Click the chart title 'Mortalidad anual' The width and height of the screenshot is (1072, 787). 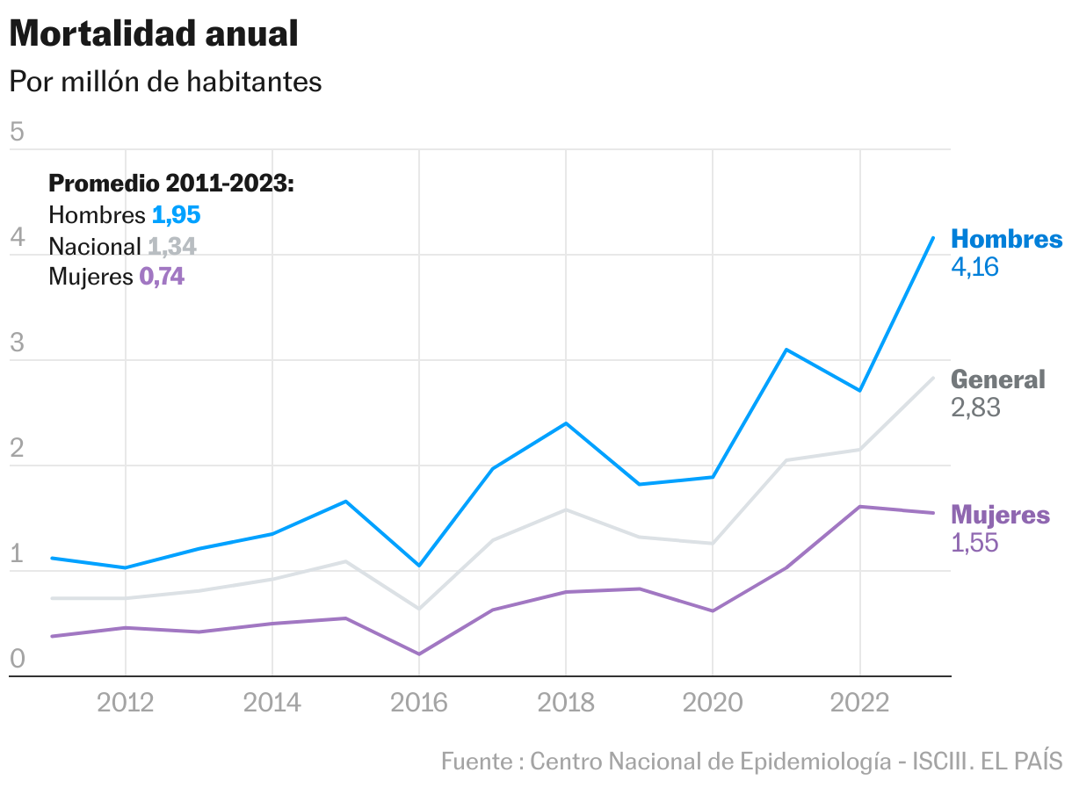click(x=154, y=33)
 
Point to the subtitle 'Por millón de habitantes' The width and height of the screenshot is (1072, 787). click(x=165, y=82)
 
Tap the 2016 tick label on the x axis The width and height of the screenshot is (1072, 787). click(x=419, y=703)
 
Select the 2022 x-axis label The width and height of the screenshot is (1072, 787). click(x=859, y=703)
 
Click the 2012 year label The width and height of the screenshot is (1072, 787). click(x=126, y=703)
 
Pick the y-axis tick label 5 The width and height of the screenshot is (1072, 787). click(x=17, y=133)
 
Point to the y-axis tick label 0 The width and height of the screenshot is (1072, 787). click(x=17, y=660)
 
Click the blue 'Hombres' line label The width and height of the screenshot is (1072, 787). click(x=1006, y=239)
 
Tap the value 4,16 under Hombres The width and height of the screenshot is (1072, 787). click(x=975, y=267)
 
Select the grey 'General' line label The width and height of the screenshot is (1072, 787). click(x=998, y=379)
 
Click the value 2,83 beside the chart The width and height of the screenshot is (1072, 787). click(x=975, y=408)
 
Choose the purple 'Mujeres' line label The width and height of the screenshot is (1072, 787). click(x=1000, y=515)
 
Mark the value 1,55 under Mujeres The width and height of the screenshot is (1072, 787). click(x=974, y=543)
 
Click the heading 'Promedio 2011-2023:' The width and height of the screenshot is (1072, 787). click(x=170, y=184)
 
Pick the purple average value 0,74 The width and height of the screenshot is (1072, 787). click(x=162, y=278)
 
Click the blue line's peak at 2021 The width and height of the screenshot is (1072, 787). click(x=786, y=350)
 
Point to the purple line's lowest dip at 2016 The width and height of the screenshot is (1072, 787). click(x=419, y=653)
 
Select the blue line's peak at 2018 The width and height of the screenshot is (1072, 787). click(x=566, y=423)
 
